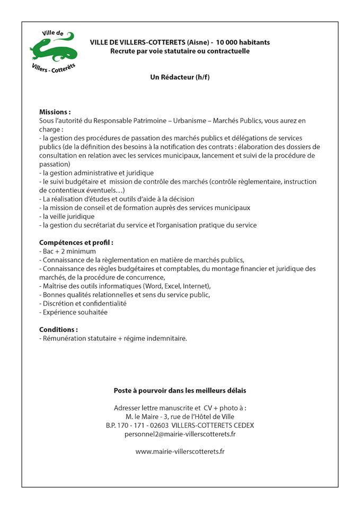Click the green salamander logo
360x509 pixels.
coord(53,52)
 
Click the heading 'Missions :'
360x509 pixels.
coord(55,112)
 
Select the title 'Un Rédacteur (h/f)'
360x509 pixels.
coord(180,77)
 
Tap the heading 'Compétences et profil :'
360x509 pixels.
coord(76,242)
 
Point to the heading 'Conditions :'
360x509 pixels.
coord(58,329)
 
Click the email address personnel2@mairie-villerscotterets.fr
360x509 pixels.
coord(180,434)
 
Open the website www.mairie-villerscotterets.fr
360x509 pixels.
coord(180,451)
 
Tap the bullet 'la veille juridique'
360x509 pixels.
coord(68,216)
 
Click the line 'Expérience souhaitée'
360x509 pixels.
coord(75,312)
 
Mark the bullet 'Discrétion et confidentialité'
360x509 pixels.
coord(84,304)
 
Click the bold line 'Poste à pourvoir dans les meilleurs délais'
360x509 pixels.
coord(180,390)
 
